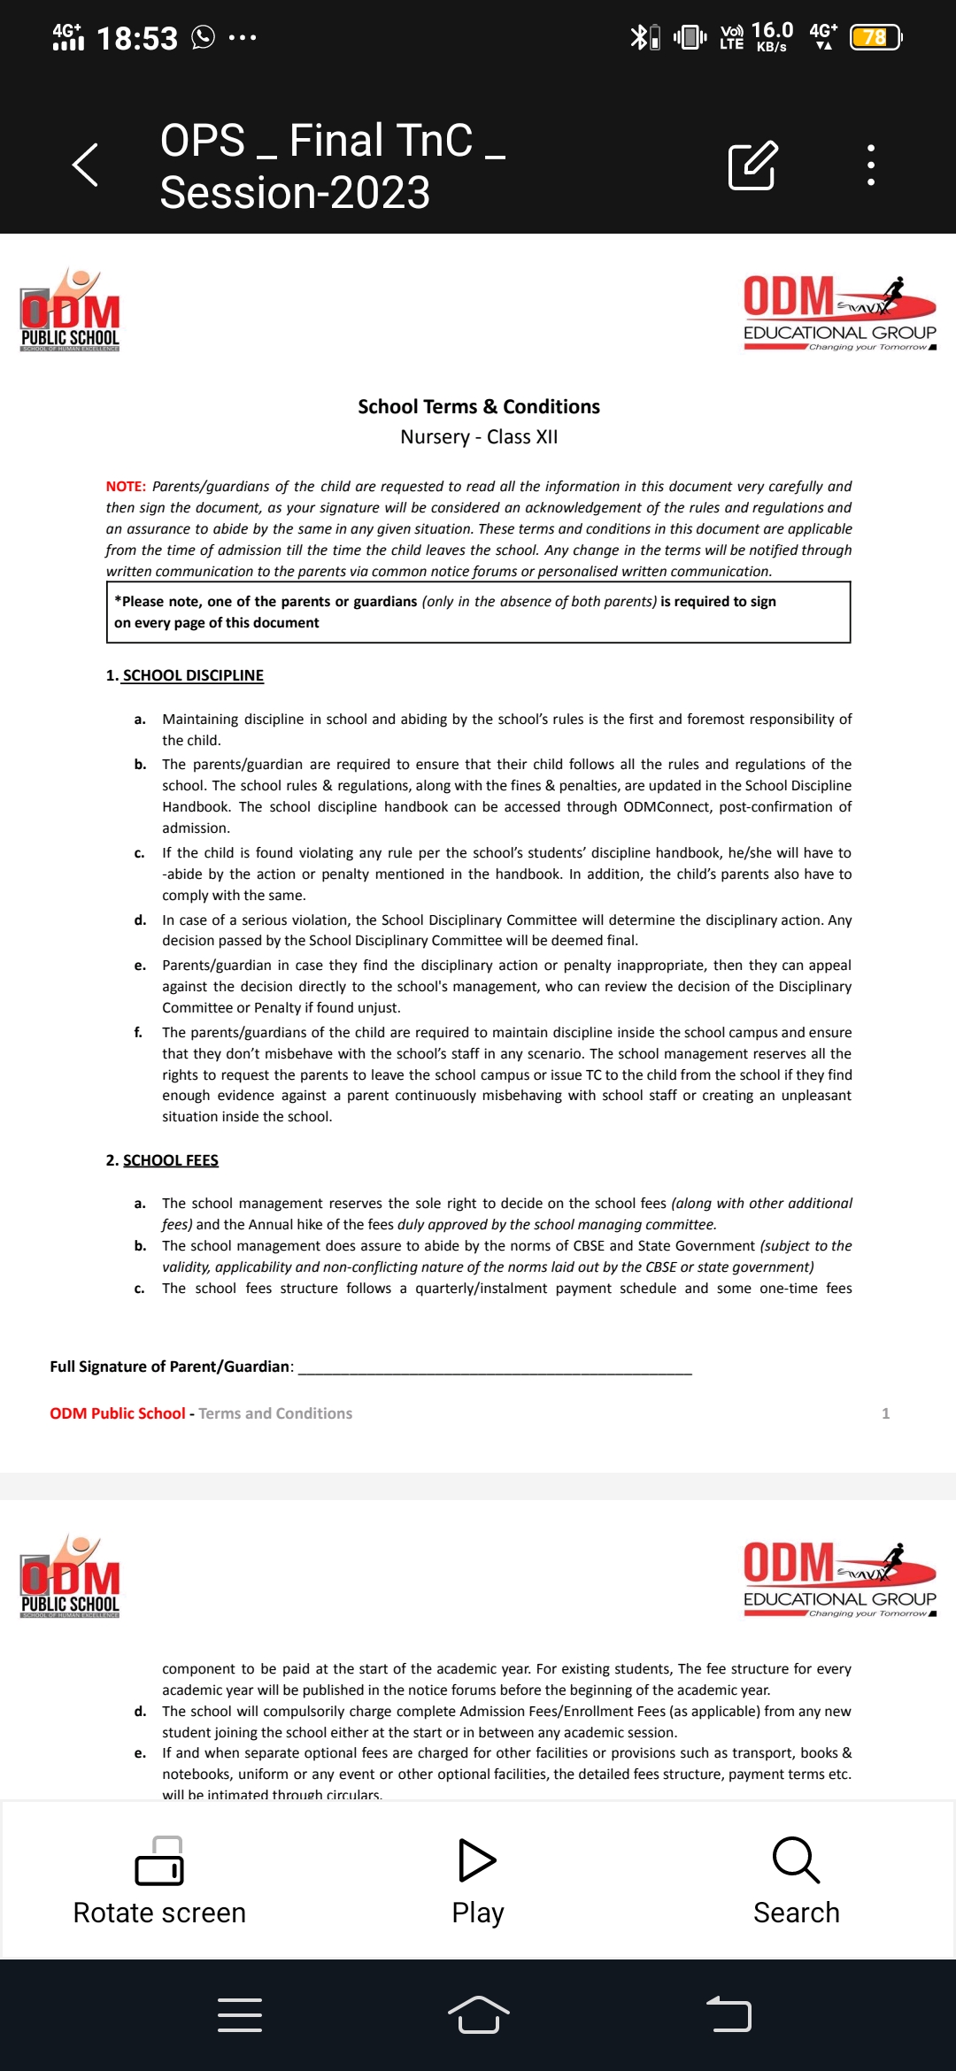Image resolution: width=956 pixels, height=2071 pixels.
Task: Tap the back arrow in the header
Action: pos(85,165)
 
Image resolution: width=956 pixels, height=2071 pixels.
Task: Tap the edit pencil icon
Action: pos(752,165)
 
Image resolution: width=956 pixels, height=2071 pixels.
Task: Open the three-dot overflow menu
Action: pos(871,165)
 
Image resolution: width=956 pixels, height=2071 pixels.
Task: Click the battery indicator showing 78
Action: pos(875,37)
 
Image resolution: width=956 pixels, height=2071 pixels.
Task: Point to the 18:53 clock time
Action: pos(137,38)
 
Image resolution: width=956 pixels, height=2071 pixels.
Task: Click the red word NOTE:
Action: pos(126,487)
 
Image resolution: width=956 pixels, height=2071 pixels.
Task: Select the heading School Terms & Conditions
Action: pos(478,407)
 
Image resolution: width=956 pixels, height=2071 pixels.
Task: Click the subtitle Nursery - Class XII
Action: pos(478,437)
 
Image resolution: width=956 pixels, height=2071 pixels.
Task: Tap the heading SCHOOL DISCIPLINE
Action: pos(193,675)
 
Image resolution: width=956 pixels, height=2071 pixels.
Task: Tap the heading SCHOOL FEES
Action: pos(170,1160)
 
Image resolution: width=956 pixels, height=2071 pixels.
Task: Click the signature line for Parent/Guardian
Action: pos(495,1367)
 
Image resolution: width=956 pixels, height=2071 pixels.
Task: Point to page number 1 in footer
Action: pos(885,1413)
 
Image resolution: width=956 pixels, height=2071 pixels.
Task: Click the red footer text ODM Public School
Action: pos(118,1413)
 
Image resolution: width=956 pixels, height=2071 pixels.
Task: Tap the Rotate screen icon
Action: pos(159,1861)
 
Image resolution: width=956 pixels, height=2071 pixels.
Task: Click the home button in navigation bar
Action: pos(478,2015)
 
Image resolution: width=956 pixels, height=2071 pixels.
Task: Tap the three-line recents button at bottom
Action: pos(240,2015)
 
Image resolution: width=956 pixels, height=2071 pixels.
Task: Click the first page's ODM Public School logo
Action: pos(70,311)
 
